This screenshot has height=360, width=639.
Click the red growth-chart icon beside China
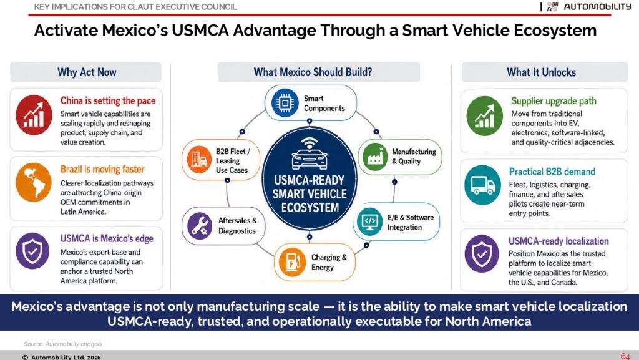(34, 115)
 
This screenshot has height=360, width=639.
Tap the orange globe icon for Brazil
(34, 182)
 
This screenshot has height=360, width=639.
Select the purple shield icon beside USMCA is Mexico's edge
(32, 251)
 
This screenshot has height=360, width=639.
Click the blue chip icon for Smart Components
(285, 103)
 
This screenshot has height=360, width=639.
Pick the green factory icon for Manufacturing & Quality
(375, 157)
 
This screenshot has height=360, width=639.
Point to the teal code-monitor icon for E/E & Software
(369, 222)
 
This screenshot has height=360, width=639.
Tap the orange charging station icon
(292, 262)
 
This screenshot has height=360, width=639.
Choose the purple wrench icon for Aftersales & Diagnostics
(200, 226)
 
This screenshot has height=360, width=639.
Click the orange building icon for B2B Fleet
(199, 159)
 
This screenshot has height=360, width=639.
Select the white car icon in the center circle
(310, 154)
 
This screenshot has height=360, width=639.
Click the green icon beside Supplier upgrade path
(484, 116)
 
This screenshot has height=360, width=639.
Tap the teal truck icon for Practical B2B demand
(483, 185)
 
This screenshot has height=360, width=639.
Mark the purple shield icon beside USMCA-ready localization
(482, 253)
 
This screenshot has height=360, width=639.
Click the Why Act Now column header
(87, 72)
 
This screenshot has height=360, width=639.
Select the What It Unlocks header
(541, 72)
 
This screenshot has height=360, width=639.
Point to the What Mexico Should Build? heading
(313, 72)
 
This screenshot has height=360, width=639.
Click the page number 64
(625, 356)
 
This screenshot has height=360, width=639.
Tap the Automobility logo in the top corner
(589, 6)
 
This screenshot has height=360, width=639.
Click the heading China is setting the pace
(108, 100)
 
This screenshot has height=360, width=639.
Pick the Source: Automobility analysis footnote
(63, 344)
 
